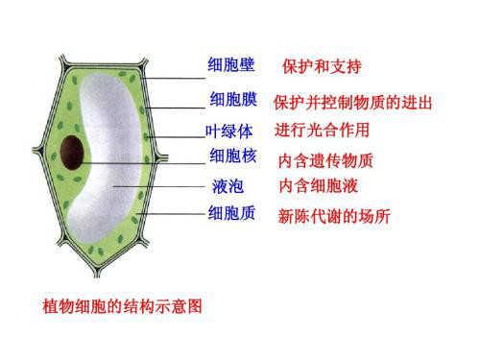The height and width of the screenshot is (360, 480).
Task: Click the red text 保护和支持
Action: click(321, 67)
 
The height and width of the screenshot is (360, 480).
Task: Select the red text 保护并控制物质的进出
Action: click(352, 103)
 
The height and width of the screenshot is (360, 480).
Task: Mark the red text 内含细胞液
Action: click(318, 185)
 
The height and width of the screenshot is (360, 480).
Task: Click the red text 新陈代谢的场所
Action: click(333, 216)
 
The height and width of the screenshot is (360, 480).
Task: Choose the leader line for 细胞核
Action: click(144, 163)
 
